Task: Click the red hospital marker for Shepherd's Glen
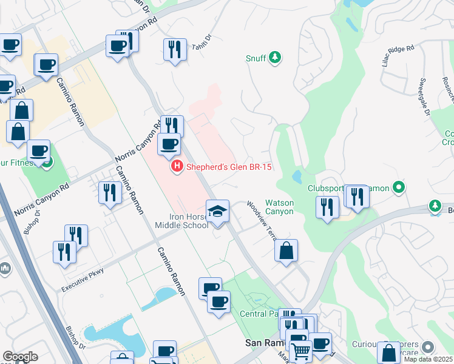click(177, 166)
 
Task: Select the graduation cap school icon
click(217, 211)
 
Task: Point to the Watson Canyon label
click(279, 207)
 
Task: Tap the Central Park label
click(257, 314)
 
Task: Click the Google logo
click(20, 356)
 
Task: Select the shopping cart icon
click(300, 350)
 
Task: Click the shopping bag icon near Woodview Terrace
click(286, 250)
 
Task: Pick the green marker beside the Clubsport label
click(399, 187)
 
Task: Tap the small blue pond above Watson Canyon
click(296, 177)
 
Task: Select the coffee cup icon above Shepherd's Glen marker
click(169, 144)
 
